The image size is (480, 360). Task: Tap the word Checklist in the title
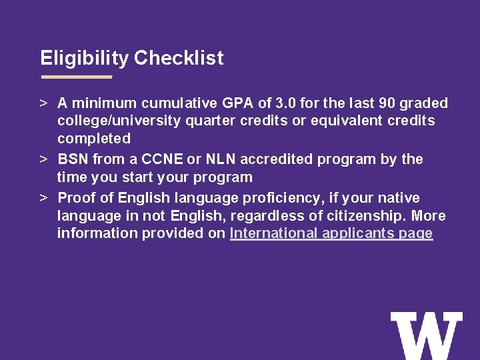coord(179,59)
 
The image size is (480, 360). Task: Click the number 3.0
coord(285,103)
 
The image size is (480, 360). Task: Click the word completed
coord(94,139)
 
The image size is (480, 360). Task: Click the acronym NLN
coord(221,159)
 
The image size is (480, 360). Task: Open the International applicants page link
coord(331,234)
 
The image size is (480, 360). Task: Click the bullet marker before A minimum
coord(43,104)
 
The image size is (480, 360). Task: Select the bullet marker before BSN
coord(43,160)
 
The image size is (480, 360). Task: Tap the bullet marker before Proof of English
coord(43,199)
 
